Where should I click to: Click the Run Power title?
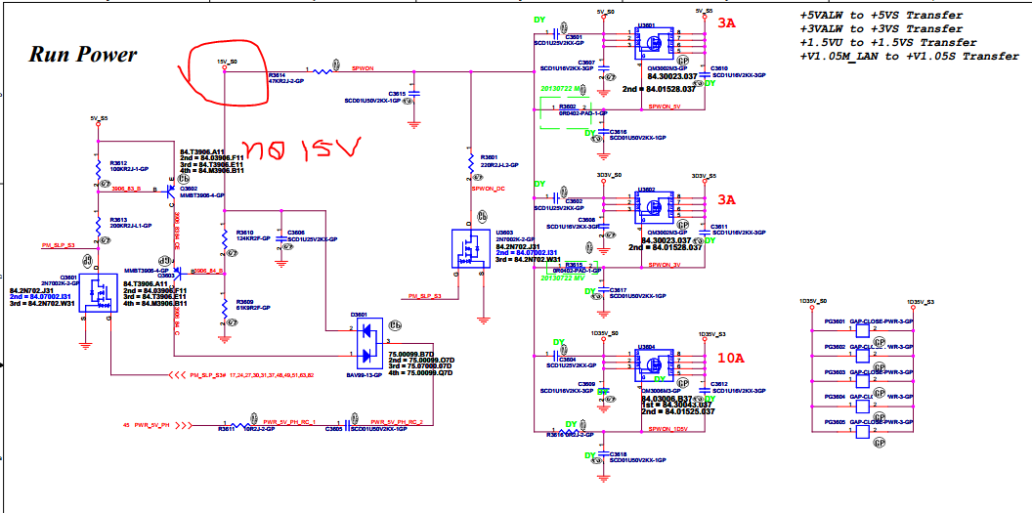pos(83,55)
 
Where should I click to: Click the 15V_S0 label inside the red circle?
pos(226,61)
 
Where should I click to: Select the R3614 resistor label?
pos(279,74)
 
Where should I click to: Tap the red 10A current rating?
pos(730,359)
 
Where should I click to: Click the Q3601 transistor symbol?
pos(99,293)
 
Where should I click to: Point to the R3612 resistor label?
pos(118,163)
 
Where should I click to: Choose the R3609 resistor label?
pos(245,302)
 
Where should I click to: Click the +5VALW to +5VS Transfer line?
pos(881,16)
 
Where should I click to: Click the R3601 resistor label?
pos(489,156)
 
